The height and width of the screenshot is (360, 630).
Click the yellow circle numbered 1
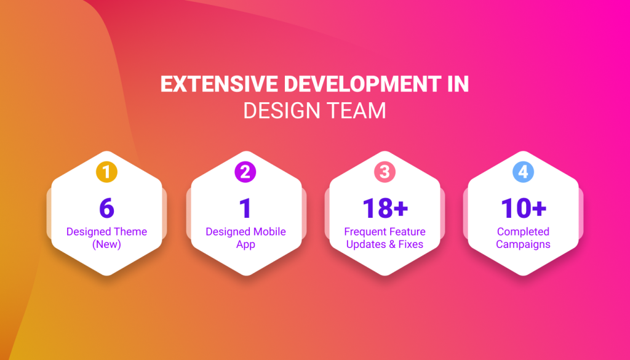click(x=106, y=172)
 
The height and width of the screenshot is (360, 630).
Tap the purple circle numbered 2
click(x=245, y=172)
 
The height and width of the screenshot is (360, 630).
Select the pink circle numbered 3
click(x=385, y=172)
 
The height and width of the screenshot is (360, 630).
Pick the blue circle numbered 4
click(x=523, y=172)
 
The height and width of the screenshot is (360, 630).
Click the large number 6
click(x=106, y=208)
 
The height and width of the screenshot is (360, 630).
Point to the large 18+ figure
click(x=385, y=208)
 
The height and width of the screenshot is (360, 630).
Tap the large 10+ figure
click(x=524, y=208)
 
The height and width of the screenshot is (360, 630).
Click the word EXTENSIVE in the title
click(x=219, y=84)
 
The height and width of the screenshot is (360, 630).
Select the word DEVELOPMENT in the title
click(x=362, y=84)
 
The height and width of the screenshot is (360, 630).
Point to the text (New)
click(x=106, y=244)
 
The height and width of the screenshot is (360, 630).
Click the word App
click(x=245, y=245)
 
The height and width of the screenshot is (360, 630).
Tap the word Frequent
click(x=363, y=231)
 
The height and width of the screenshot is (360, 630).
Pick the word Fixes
click(x=410, y=244)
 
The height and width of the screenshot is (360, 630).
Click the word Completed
click(x=523, y=232)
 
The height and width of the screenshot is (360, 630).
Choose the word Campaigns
click(x=523, y=245)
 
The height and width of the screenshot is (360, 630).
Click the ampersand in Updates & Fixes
click(x=391, y=244)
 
